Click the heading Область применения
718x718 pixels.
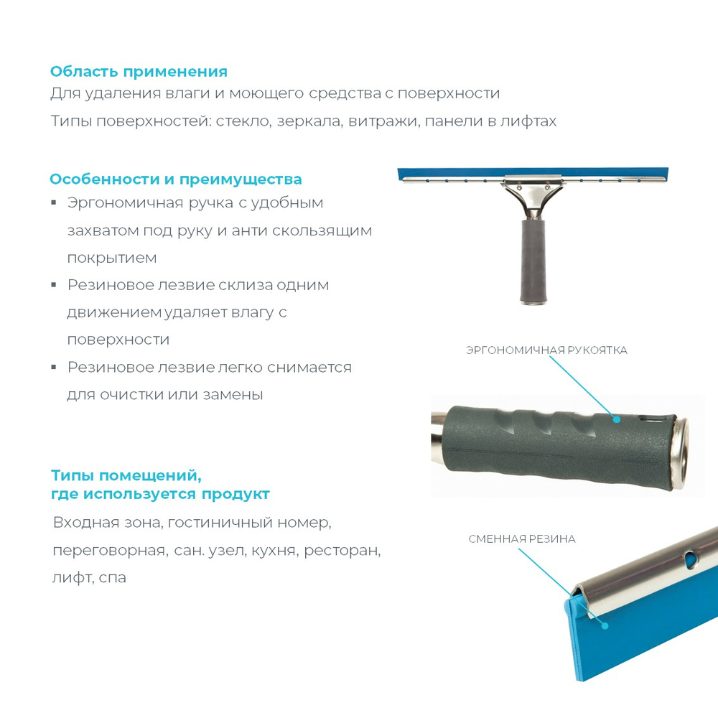pos(139,72)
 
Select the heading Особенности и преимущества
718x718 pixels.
pos(176,179)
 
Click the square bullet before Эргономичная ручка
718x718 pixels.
pos(54,203)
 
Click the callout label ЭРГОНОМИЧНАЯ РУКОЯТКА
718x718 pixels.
pos(546,350)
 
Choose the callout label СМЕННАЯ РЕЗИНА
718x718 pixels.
pos(522,538)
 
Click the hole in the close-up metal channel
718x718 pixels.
pos(691,556)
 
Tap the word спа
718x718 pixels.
pos(113,577)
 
